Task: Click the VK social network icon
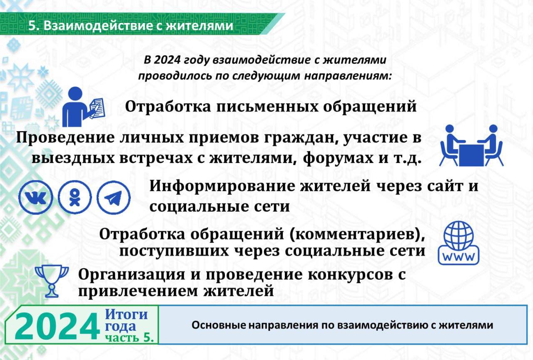pyautogui.click(x=36, y=197)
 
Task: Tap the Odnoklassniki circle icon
pyautogui.click(x=75, y=197)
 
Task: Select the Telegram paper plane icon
pyautogui.click(x=114, y=197)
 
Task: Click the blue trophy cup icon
pyautogui.click(x=52, y=281)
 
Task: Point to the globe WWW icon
pyautogui.click(x=458, y=243)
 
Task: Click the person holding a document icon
pyautogui.click(x=84, y=107)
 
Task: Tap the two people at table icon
pyautogui.click(x=471, y=145)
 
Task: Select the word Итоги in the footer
pyautogui.click(x=126, y=314)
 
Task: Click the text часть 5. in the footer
pyautogui.click(x=130, y=337)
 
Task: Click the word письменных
pyautogui.click(x=267, y=106)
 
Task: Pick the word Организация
pyautogui.click(x=131, y=275)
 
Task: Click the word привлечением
pyautogui.click(x=138, y=291)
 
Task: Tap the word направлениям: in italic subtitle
pyautogui.click(x=348, y=76)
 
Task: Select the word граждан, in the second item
pyautogui.click(x=301, y=138)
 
